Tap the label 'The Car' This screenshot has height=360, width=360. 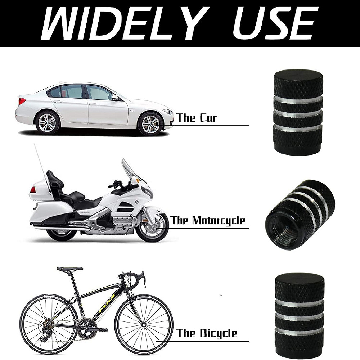coord(197,118)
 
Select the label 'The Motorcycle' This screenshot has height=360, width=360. coord(208,220)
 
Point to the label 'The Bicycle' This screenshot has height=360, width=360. coord(207,333)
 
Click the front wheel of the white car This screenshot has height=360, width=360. coord(150,124)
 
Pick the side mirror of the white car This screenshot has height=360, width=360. coord(115,97)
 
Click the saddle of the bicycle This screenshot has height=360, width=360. coord(70,269)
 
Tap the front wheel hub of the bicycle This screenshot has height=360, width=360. coord(144,325)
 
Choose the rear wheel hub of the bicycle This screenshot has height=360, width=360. coord(49,324)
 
